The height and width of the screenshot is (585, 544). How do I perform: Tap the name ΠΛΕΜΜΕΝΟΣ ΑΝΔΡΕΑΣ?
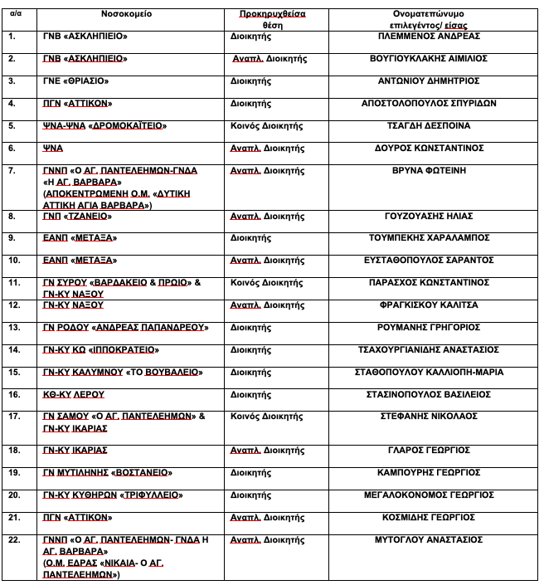click(x=429, y=37)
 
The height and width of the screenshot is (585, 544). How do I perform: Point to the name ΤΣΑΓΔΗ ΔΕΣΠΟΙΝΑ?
click(x=429, y=126)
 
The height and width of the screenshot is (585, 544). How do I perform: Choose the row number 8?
click(x=12, y=217)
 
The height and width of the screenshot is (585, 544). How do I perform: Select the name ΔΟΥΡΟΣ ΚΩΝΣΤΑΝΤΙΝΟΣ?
click(x=429, y=149)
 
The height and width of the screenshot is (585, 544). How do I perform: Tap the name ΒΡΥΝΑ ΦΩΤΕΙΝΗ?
click(x=429, y=171)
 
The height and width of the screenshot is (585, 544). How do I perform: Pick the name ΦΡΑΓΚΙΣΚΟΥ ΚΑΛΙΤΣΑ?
click(x=429, y=305)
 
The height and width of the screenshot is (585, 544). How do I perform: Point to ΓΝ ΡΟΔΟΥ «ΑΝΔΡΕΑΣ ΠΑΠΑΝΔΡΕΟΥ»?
click(x=125, y=328)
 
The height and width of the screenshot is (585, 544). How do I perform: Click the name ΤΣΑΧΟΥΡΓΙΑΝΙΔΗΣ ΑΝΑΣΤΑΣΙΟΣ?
click(x=429, y=350)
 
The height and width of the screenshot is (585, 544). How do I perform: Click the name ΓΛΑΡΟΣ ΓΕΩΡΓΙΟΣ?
click(x=429, y=451)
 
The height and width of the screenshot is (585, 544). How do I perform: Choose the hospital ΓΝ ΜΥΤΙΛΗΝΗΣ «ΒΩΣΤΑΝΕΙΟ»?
click(x=108, y=473)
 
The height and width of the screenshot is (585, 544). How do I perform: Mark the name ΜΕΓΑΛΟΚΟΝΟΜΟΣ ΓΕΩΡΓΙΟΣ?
click(x=429, y=495)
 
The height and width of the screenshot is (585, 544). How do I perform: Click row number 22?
click(x=13, y=540)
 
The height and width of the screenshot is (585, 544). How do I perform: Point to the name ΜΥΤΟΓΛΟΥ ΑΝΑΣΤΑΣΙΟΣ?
click(x=429, y=540)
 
